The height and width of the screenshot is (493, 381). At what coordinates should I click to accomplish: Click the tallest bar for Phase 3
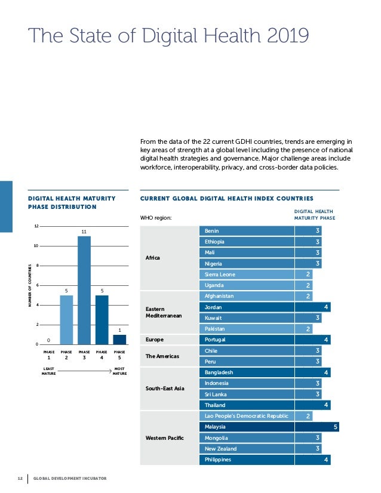84,290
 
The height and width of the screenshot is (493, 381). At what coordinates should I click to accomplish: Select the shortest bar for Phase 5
119,339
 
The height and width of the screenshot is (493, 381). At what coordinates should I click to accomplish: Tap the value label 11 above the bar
84,231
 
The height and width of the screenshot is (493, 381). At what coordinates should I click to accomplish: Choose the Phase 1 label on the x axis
49,355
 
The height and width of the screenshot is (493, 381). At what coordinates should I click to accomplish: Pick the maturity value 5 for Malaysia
336,427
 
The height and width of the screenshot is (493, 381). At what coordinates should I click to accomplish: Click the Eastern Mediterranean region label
163,312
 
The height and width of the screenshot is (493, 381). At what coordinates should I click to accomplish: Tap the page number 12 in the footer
20,478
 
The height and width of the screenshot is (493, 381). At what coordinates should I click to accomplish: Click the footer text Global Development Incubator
70,478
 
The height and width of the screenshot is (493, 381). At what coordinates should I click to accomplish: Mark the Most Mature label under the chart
119,372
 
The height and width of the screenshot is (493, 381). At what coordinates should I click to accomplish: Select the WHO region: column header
155,217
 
